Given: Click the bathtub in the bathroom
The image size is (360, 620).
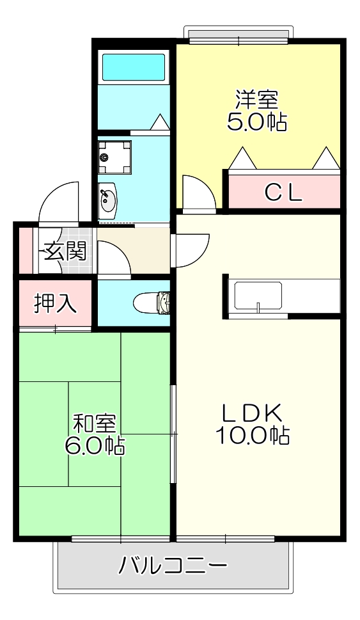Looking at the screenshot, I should click(134, 66).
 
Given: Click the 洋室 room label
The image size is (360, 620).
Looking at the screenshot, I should click(256, 99).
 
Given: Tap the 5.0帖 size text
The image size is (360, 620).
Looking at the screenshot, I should click(256, 121).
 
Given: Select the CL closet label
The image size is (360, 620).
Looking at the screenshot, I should click(283, 192).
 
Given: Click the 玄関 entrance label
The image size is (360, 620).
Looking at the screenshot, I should click(65, 251).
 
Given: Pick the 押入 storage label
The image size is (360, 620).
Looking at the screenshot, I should click(56, 303).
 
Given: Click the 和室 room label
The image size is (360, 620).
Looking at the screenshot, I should click(94, 424).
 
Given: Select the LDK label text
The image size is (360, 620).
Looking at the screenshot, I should click(252, 413).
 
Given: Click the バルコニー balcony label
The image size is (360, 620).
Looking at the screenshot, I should click(173, 566).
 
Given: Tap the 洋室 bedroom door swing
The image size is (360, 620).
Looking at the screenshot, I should click(198, 192).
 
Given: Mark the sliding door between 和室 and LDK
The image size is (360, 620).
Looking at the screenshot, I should click(173, 435).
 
